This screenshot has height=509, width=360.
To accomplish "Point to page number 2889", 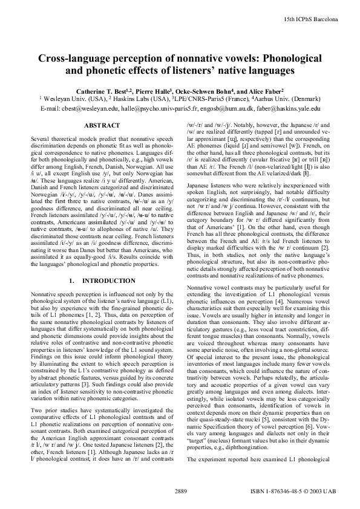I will point(180,489).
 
